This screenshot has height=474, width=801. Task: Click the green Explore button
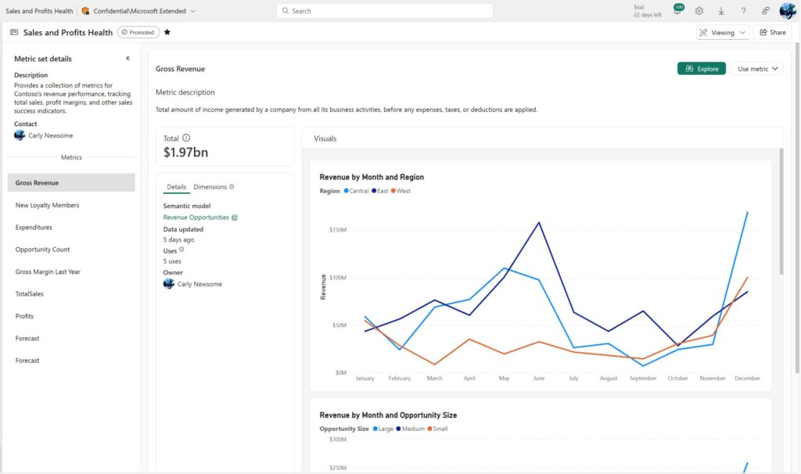pos(702,69)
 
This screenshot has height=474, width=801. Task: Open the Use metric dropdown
pos(758,69)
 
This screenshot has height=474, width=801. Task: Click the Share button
pos(772,33)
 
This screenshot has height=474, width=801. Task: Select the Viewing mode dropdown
pos(723,33)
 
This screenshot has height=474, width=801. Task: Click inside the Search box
pos(385,11)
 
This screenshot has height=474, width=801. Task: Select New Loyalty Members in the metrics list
pos(47,205)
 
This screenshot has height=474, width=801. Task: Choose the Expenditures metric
pos(34,228)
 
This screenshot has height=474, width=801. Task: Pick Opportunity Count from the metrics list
pos(42,250)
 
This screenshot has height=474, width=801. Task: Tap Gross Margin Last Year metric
pos(48,272)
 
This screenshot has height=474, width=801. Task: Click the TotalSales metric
pos(30,294)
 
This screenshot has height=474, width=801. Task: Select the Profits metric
pos(25,316)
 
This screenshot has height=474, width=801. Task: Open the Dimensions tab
pos(210,187)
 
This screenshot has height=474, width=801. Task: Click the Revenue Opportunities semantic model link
pos(196,217)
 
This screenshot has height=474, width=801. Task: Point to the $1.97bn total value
pos(185,153)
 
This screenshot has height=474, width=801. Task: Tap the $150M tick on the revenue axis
pos(337,230)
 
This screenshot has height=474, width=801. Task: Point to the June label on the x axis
pos(538,379)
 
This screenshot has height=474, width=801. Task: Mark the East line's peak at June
pos(538,222)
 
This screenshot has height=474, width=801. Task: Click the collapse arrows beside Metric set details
pos(128,59)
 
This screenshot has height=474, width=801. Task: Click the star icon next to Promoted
pos(167,32)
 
